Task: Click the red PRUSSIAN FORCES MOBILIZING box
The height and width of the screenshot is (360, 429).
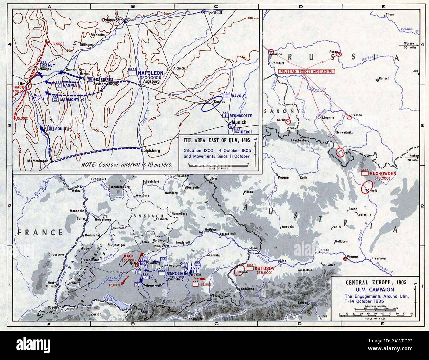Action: tap(306, 71)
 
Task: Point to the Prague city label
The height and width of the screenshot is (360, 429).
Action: tap(283, 177)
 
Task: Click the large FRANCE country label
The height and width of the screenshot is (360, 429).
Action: tap(40, 232)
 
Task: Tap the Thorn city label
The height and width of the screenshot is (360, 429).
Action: tap(390, 14)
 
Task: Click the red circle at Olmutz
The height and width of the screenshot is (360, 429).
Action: tap(367, 188)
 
